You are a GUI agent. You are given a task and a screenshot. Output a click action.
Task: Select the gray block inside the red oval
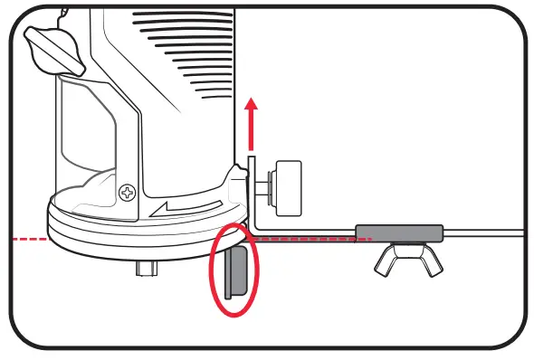coord(234,274)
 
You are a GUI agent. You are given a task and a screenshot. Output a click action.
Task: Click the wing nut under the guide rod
coord(404,261)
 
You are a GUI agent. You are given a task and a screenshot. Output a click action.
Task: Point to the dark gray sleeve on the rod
coord(399,232)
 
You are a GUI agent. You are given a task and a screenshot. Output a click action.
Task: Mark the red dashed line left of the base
coord(27,238)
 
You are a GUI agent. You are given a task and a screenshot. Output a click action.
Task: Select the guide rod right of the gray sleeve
coord(484,232)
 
